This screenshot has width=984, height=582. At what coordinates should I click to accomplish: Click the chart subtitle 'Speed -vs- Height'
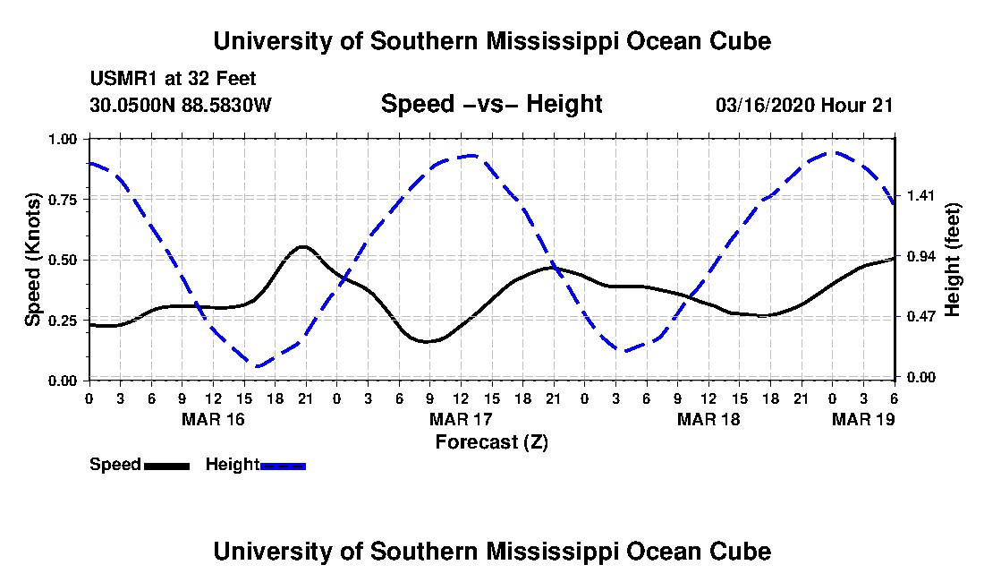coord(491,104)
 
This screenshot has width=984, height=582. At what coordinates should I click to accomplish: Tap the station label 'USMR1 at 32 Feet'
coord(174,79)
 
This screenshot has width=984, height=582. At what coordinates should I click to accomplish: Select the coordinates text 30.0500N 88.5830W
coord(181,104)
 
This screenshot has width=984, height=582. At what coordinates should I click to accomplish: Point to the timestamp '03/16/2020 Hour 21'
coord(804,105)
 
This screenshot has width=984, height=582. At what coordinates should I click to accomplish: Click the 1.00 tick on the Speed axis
coord(63,139)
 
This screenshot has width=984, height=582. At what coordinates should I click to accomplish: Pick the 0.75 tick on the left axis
coord(63,199)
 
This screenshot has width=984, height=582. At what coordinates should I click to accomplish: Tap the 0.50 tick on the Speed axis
coord(63,260)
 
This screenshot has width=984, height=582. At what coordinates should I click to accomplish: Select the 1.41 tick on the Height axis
coord(921,196)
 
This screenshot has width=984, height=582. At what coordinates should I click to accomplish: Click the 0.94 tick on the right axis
coord(921,256)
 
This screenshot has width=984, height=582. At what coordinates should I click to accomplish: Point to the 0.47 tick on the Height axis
coord(921,316)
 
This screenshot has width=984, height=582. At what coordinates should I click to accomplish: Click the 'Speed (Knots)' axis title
coord(32,260)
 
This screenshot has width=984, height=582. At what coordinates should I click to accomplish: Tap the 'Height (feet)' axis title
coord(952,260)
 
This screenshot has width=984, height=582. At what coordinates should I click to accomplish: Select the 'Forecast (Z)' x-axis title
coord(492,442)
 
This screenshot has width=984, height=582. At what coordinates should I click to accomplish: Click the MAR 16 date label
coord(214,419)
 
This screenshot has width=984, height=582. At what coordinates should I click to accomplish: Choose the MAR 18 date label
coord(708,419)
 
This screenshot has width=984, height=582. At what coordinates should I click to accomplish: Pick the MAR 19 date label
coord(863,419)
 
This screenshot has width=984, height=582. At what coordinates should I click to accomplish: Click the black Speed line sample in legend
coord(167,466)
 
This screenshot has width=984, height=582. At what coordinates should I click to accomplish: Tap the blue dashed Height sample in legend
coord(283,466)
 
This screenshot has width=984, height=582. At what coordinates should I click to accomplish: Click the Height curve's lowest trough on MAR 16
coord(256,365)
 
